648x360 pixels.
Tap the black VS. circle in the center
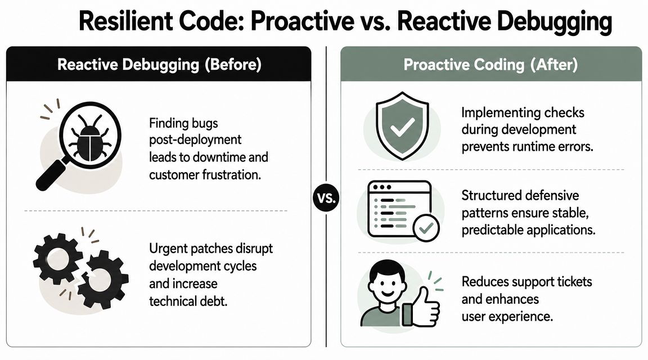click(x=326, y=199)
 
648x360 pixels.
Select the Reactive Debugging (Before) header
click(x=159, y=65)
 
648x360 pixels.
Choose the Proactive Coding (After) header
click(x=490, y=65)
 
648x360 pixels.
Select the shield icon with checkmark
click(x=400, y=125)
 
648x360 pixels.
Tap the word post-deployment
click(x=195, y=139)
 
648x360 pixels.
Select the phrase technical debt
click(x=188, y=301)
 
